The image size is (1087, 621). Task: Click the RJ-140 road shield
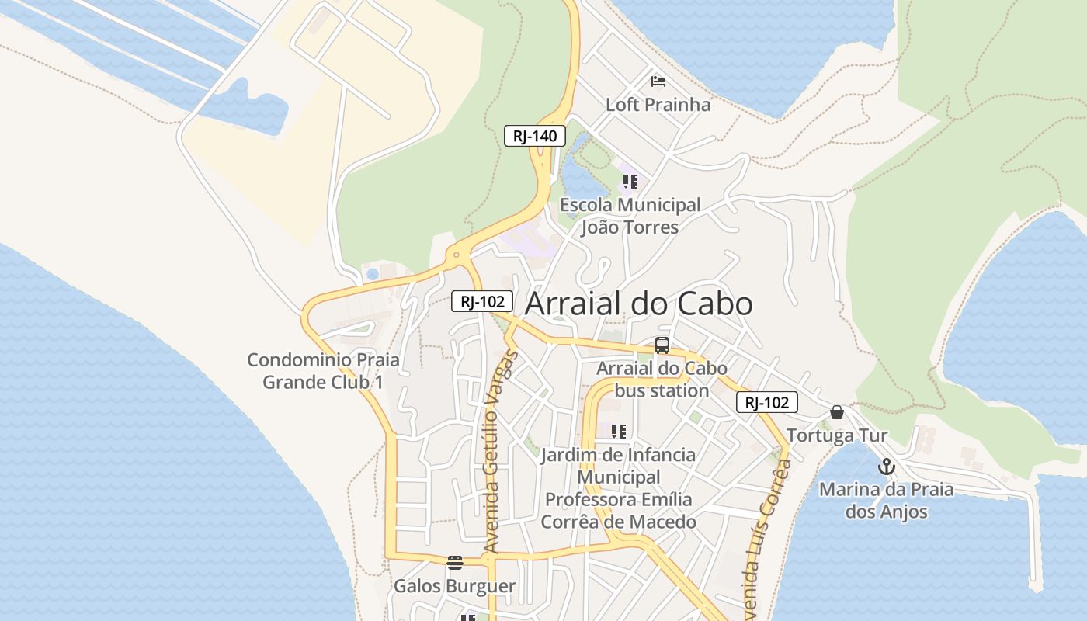point(535,136)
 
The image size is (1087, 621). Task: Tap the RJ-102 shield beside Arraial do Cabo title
point(482,301)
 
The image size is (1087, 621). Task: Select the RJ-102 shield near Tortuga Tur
point(766,402)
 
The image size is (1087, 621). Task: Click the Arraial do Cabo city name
point(638,304)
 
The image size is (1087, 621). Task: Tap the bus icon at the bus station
point(662,345)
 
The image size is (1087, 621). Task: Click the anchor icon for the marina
point(886,467)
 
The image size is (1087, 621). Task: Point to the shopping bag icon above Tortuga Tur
point(837,412)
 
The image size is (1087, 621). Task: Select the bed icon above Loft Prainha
point(658,81)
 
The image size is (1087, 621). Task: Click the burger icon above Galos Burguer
point(455,563)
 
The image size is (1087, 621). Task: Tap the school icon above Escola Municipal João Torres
point(630,182)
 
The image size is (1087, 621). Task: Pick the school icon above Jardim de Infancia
point(618,432)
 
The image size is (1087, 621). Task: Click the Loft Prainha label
point(658,104)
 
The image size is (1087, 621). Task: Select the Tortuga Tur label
point(837,435)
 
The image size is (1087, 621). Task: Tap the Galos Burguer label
point(454,586)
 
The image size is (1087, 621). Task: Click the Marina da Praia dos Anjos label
point(886,501)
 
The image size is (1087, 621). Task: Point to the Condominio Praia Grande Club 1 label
point(323,371)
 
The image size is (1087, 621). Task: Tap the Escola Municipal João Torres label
point(630,217)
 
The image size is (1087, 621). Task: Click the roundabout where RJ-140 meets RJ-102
point(457,255)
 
